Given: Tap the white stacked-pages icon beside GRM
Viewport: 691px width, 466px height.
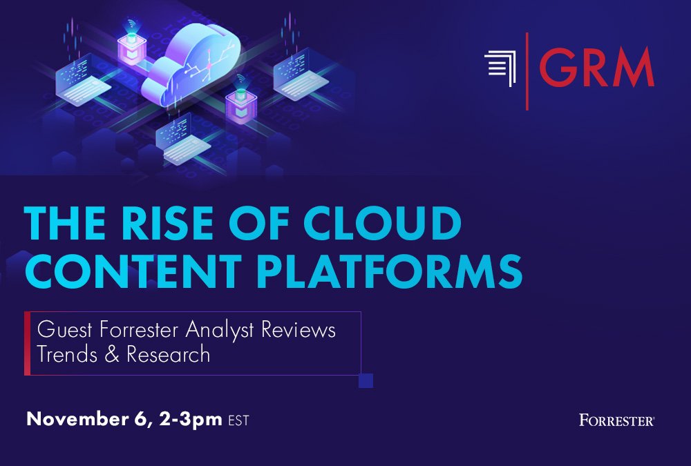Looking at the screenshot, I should tap(500, 69).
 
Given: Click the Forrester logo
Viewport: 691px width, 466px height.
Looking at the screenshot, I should tap(617, 420).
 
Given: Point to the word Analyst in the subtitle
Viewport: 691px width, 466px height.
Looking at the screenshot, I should tap(219, 330).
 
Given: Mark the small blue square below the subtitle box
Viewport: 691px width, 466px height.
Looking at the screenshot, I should tap(366, 380).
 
